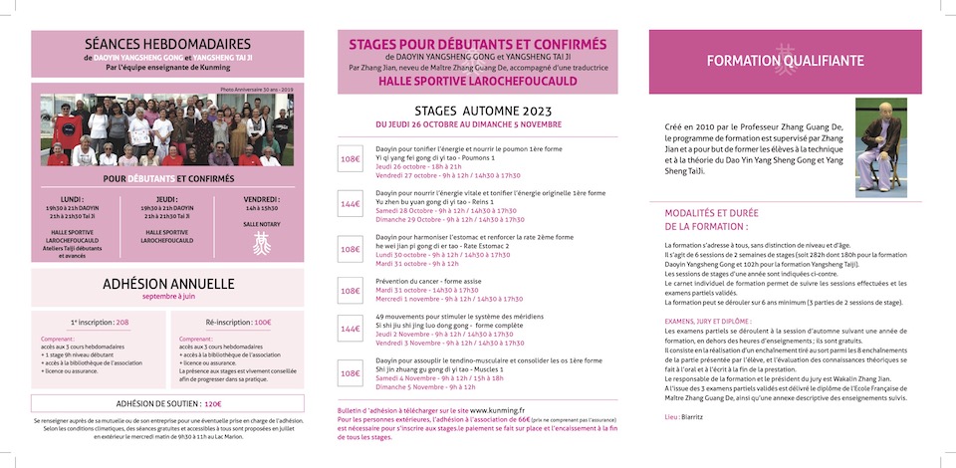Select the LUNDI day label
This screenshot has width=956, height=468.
[x=72, y=198]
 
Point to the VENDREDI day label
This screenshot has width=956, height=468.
[x=262, y=198]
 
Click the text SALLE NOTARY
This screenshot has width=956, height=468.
[x=262, y=224]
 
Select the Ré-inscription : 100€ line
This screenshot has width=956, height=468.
[x=238, y=323]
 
